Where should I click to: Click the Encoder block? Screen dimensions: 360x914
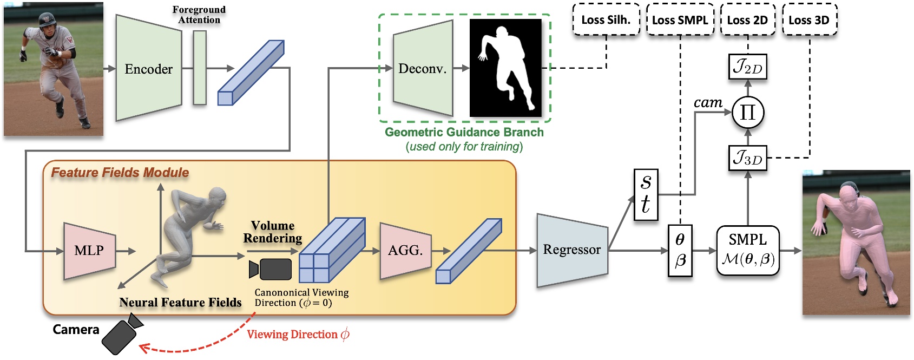[x=148, y=69]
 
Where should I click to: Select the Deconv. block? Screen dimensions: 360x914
[x=422, y=69]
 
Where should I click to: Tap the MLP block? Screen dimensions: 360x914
[x=89, y=251]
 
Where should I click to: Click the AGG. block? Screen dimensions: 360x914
[x=405, y=251]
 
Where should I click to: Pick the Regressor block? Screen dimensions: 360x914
[x=571, y=250]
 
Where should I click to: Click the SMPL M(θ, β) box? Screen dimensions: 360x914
[x=748, y=251]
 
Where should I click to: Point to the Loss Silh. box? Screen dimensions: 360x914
[x=606, y=20]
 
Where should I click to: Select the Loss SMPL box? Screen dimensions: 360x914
[x=680, y=20]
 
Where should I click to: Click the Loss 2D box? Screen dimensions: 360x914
[x=747, y=20]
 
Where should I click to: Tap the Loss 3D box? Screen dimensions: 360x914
[x=809, y=20]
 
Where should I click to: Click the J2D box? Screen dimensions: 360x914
[x=747, y=68]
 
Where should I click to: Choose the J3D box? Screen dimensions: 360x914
[x=747, y=159]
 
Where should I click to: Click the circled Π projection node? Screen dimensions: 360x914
[x=747, y=113]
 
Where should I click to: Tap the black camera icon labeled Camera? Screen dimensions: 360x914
[x=122, y=335]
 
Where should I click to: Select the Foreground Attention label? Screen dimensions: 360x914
[x=199, y=15]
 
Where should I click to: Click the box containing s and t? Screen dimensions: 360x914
[x=646, y=194]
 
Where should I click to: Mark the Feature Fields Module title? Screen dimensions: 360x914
[x=120, y=173]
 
